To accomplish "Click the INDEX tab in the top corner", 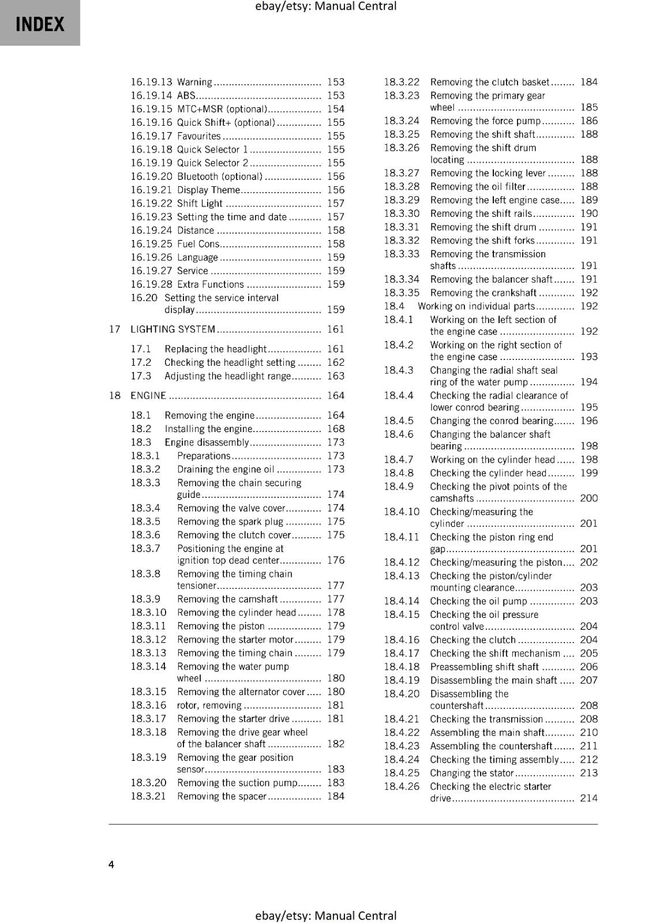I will (40, 24).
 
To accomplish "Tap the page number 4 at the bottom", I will (111, 864).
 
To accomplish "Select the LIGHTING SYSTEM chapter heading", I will (173, 329).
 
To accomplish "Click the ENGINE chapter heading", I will (148, 396).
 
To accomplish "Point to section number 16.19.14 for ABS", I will (151, 96).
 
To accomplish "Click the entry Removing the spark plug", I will (230, 521).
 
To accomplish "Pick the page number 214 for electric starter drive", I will (589, 798).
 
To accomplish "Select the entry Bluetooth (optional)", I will (220, 177).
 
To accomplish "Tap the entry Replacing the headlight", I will (215, 349).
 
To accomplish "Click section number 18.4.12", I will (402, 562).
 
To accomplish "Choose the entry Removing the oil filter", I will (478, 187).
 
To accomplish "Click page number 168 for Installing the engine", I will (335, 429).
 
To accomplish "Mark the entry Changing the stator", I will (471, 773).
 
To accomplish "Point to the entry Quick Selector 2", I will (212, 163).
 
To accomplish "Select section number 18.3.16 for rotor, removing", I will (148, 706).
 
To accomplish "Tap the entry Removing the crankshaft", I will (483, 293).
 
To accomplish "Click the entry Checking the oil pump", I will (478, 601).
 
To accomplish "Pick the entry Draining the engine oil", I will (226, 470).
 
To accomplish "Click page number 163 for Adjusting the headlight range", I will (335, 376).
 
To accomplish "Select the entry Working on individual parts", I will (476, 306).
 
